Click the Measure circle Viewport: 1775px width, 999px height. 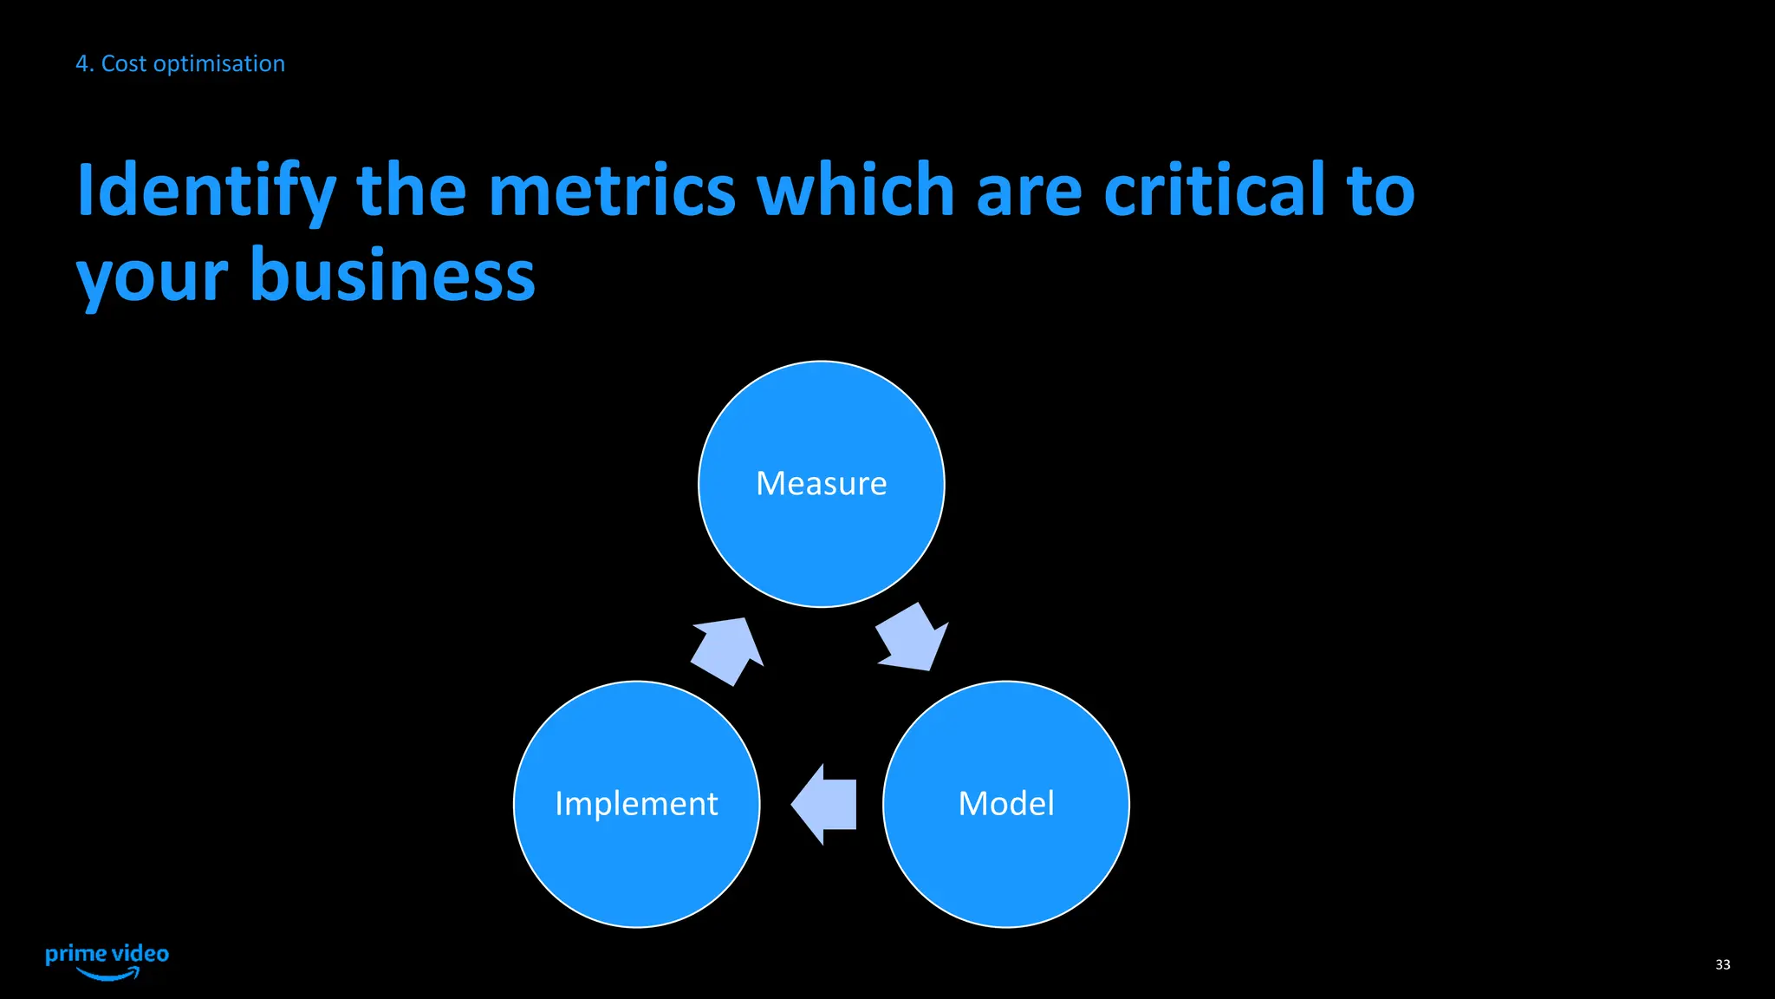[x=821, y=484]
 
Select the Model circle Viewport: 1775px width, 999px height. [x=1005, y=804]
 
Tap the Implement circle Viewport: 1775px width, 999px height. [x=636, y=804]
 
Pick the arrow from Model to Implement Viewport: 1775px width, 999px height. [x=826, y=805]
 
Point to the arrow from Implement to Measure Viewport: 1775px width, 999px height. [x=729, y=650]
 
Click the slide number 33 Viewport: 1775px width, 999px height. [x=1722, y=964]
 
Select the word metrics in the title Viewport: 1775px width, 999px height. [x=612, y=191]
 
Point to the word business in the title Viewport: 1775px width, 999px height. [x=393, y=276]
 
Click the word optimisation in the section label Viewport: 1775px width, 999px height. [x=218, y=64]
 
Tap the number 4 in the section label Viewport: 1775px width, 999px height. [x=82, y=63]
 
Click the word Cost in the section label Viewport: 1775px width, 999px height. [x=124, y=63]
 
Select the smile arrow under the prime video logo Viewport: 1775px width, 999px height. [x=108, y=975]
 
